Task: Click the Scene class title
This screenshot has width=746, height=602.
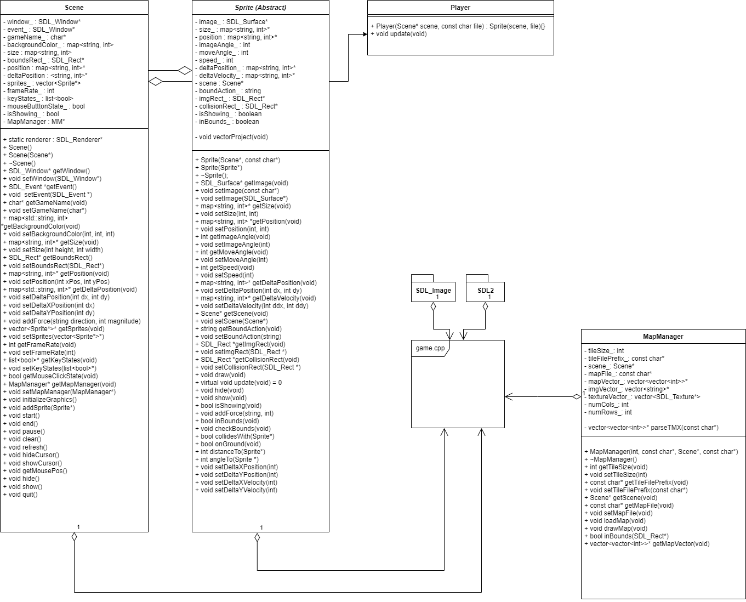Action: pos(74,8)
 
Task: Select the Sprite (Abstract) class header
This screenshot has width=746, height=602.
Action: pos(260,8)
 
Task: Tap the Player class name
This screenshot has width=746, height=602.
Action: pos(460,8)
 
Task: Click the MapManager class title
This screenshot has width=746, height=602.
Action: pos(663,337)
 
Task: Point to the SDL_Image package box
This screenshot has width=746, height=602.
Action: pos(433,291)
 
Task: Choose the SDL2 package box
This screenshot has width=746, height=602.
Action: pos(485,291)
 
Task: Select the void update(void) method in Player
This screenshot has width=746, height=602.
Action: pos(398,34)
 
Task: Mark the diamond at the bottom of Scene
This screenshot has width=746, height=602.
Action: pos(74,537)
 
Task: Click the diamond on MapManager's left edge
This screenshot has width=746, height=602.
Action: pos(576,396)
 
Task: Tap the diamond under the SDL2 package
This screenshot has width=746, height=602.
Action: pos(485,307)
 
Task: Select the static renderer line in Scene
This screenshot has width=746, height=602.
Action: pos(53,140)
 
